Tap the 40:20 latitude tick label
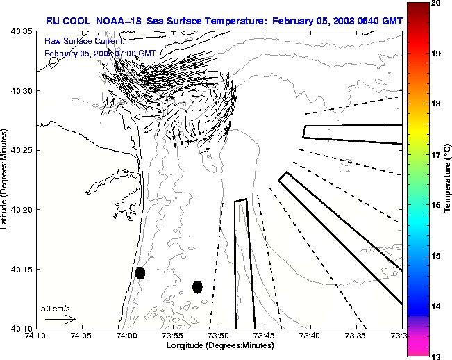22,210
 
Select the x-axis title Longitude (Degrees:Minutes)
218,345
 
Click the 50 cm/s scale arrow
60,319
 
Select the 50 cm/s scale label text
55,308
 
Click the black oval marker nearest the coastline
140,272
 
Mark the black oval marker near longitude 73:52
197,286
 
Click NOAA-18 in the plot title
117,22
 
